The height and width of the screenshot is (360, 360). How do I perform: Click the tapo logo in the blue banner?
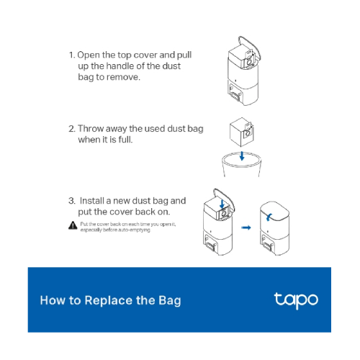coord(295,300)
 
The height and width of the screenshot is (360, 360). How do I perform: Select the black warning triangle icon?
coord(73,225)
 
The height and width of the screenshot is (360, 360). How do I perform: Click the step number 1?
coord(71,55)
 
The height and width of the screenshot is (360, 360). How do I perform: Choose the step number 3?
coord(71,200)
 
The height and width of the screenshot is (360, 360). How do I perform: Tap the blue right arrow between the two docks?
coord(246,227)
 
